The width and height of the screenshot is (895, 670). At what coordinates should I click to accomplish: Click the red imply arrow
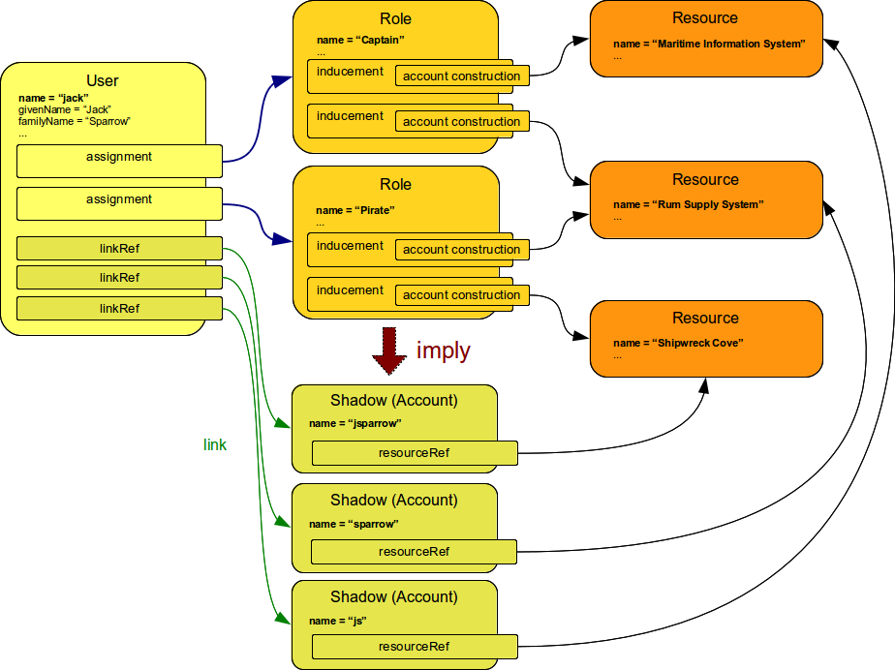coord(390,350)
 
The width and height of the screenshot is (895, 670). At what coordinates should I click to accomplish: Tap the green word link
coord(215,445)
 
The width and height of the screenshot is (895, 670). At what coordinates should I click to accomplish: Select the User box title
coord(104,80)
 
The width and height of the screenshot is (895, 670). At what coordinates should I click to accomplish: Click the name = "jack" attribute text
coord(53,98)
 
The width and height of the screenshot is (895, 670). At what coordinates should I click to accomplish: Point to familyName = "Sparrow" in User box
coord(74,121)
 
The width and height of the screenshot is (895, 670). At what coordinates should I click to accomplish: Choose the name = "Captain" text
coord(359,41)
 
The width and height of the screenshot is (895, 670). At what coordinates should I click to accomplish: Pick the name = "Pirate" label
coord(355,210)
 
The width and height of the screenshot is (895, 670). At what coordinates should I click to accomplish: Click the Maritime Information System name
coord(708,44)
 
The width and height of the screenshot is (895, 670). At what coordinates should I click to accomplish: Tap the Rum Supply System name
coord(688,204)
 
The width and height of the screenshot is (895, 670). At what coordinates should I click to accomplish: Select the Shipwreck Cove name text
coord(678,343)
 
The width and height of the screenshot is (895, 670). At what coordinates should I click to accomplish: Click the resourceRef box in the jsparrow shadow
coord(414,452)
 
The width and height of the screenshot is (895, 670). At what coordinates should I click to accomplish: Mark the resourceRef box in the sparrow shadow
coord(414,552)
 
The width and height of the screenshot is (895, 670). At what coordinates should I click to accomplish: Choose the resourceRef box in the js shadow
coord(414,646)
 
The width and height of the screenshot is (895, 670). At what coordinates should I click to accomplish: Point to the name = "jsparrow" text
coord(355,423)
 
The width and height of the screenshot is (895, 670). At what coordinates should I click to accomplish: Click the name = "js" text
coord(337,621)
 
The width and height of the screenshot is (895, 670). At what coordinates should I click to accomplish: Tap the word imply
coord(443,350)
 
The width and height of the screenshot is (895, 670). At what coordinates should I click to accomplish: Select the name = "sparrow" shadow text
coord(354,524)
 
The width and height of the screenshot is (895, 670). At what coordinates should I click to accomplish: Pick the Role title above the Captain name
coord(395,18)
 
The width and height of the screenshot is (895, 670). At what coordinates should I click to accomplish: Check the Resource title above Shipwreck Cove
coord(705,319)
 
